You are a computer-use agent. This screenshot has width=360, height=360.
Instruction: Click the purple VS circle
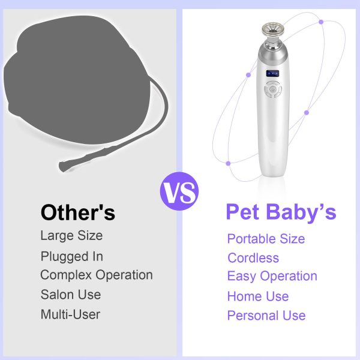[x=179, y=193]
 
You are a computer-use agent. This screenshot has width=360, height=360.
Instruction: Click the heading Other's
[x=77, y=212]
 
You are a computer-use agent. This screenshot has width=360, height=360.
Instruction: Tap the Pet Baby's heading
[x=281, y=212]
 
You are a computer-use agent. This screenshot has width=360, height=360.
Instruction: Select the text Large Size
[x=71, y=235]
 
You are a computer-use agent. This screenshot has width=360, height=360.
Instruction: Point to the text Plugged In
[x=72, y=256]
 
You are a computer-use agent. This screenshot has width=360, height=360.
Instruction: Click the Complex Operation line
[x=97, y=275]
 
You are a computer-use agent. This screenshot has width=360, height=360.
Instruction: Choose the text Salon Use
[x=71, y=295]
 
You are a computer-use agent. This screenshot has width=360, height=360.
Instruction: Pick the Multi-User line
[x=70, y=314]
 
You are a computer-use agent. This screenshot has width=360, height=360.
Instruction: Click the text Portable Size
[x=266, y=239]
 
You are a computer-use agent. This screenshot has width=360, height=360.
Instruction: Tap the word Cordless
[x=253, y=258]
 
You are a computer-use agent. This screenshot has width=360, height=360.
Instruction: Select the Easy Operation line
[x=272, y=276]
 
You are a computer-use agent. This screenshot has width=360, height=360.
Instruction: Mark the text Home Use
[x=258, y=296]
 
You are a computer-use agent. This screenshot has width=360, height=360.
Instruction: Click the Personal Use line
[x=266, y=316]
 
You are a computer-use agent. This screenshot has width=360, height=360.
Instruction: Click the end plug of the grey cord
[x=63, y=164]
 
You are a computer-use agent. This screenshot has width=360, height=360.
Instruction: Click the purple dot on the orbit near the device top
[x=321, y=22]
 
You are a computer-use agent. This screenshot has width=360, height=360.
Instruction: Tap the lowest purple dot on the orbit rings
[x=228, y=163]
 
